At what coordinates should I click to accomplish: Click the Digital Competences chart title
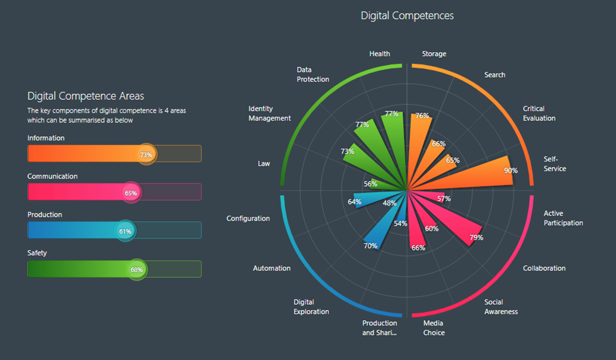point(407,16)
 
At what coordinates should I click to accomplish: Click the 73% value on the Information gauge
point(146,155)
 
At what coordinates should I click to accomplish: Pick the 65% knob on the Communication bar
point(131,193)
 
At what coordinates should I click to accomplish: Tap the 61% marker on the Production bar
point(125,231)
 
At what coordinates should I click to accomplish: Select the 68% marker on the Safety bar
point(137,269)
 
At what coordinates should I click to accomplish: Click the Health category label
point(379,54)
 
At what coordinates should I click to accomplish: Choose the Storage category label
point(434,54)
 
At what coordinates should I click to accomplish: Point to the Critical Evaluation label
point(539,113)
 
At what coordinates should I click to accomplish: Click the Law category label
point(264,164)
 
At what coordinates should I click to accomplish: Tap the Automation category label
point(272,268)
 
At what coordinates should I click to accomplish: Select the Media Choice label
point(434,327)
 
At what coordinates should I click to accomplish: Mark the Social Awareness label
point(501,307)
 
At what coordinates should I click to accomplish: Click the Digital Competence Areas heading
point(86,96)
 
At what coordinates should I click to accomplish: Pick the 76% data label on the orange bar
point(422,116)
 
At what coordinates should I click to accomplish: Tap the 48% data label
point(390,203)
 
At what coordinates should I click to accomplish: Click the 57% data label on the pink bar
point(444,198)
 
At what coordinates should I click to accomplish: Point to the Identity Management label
point(269,113)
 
